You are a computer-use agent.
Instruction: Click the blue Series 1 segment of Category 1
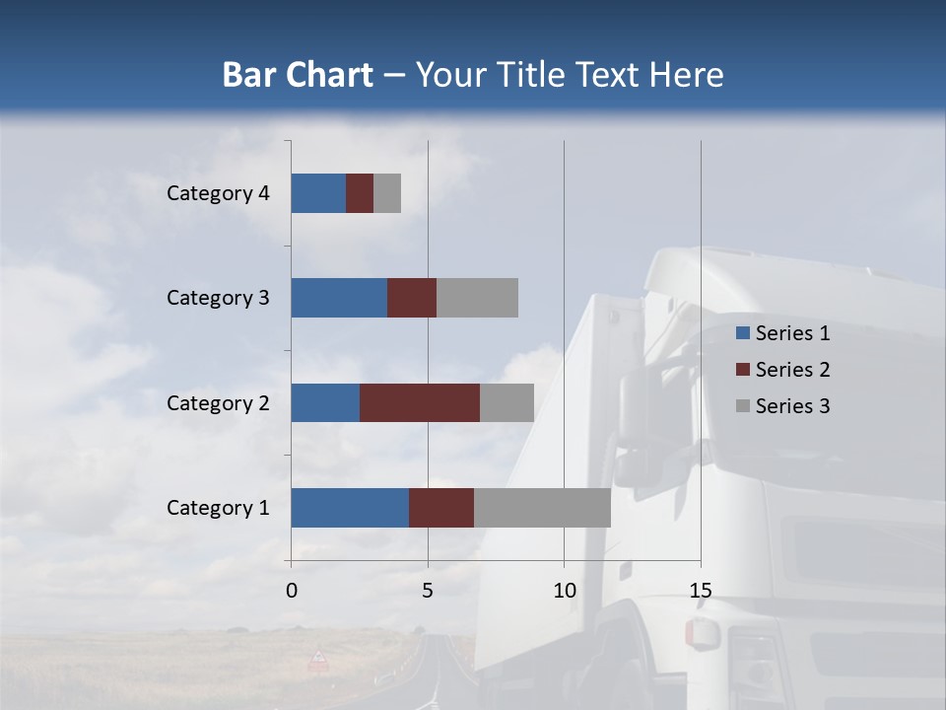[350, 508]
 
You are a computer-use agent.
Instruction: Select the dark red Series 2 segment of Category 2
[420, 403]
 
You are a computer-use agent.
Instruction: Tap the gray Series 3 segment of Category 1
[542, 508]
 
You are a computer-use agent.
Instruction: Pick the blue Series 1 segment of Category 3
[339, 298]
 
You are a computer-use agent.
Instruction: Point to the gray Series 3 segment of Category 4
[387, 193]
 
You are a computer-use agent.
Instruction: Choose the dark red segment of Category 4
[360, 193]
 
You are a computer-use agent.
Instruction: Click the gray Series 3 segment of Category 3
[477, 298]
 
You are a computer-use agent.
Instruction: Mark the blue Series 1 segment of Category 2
[325, 403]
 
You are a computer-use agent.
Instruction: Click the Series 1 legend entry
[782, 333]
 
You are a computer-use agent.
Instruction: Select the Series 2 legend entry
[782, 370]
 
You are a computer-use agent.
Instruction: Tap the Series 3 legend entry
[782, 406]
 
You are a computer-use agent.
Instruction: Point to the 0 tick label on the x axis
[292, 591]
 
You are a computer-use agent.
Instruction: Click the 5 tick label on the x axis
[428, 591]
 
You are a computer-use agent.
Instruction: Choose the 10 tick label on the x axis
[564, 591]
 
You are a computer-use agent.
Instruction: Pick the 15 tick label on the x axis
[701, 591]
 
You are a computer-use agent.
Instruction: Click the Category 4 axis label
[218, 193]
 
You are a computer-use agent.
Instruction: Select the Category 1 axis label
[218, 508]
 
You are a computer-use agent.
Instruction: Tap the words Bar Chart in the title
[298, 75]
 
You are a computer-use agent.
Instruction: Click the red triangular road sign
[318, 657]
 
